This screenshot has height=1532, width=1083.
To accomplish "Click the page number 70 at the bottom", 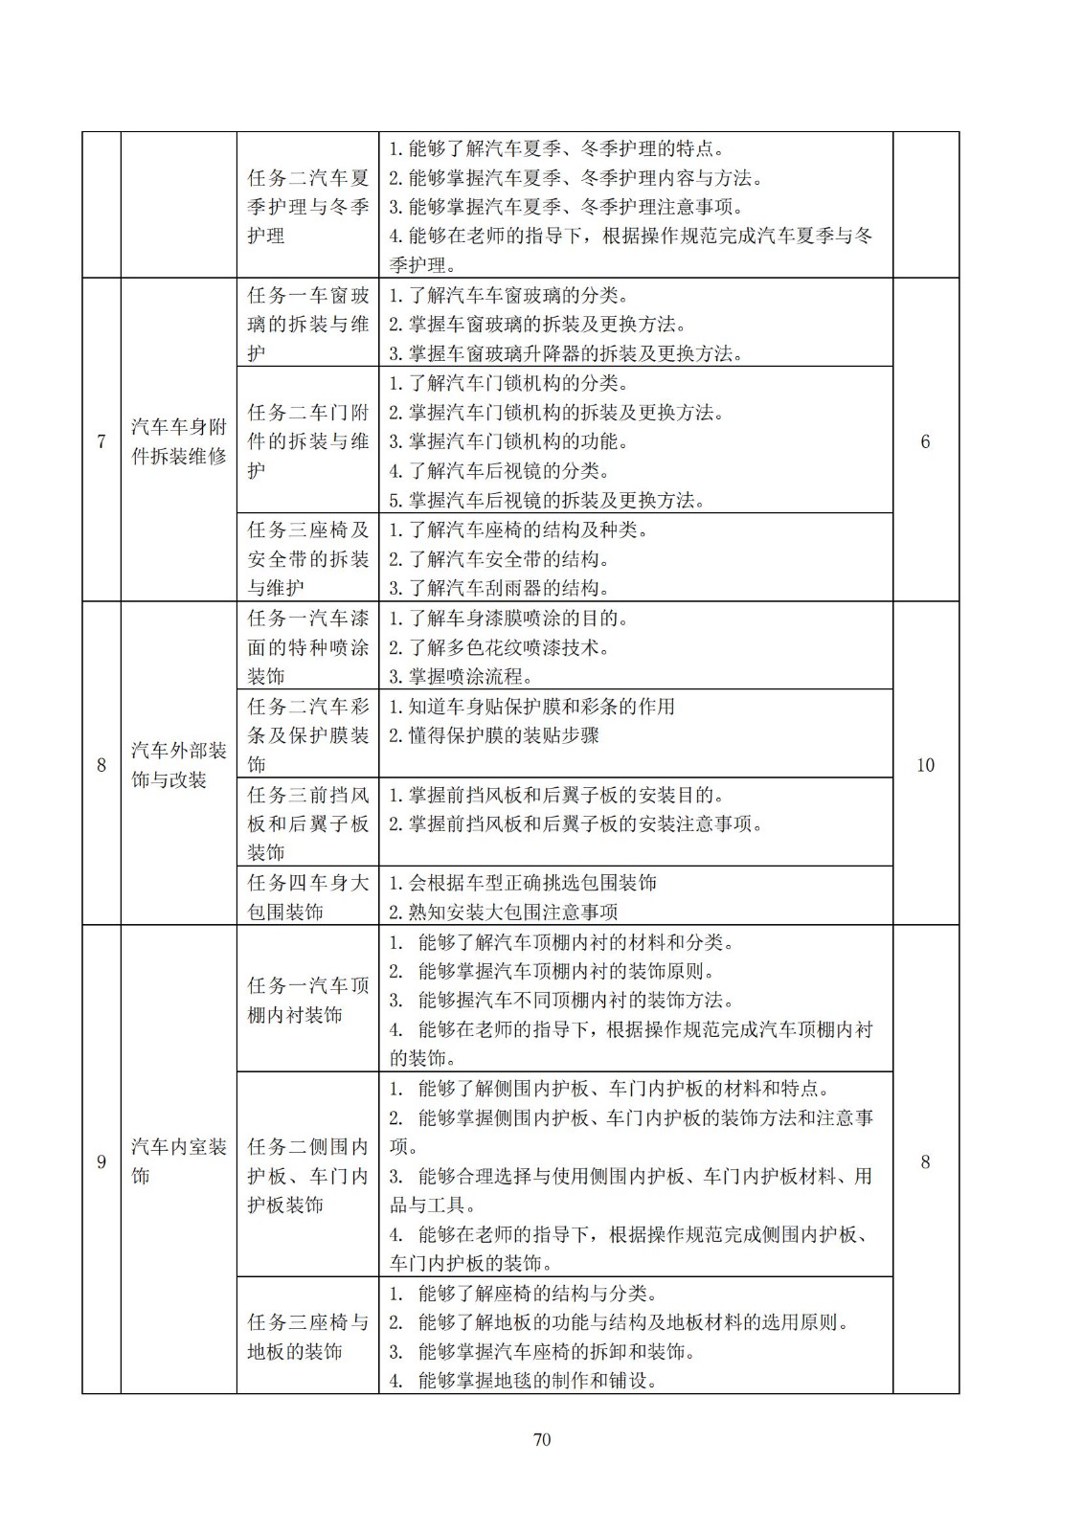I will (542, 1439).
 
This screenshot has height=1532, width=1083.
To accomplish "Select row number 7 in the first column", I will (102, 441).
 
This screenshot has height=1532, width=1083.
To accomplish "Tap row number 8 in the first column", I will (102, 765).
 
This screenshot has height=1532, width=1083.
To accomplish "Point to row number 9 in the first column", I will (102, 1161).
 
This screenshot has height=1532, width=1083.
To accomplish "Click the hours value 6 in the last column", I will (925, 441).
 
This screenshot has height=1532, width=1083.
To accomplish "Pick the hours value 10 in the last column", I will (925, 765).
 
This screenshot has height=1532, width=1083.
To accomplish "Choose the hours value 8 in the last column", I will (925, 1161).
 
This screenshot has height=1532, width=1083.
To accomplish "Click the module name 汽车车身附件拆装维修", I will (179, 441).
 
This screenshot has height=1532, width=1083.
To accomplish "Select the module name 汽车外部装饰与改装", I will (179, 765).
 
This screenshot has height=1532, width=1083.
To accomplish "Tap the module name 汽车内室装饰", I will (179, 1161).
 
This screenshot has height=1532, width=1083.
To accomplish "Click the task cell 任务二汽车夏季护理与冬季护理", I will (307, 206).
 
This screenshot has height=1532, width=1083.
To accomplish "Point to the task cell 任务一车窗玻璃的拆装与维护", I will (307, 324).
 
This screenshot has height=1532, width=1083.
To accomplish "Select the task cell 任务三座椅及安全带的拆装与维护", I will (307, 558).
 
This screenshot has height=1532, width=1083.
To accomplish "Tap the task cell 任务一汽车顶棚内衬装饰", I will (307, 1000).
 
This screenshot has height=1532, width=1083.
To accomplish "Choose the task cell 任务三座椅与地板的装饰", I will (307, 1337).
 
